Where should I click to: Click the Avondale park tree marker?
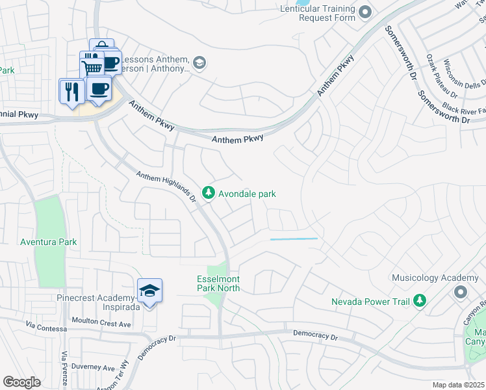coord(208,192)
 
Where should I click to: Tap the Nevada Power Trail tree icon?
coord(420,300)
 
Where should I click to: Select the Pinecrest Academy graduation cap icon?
coord(149,290)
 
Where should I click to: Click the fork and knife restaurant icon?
coord(71,90)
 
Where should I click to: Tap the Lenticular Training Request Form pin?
coord(364,11)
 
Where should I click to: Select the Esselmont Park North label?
coord(219,283)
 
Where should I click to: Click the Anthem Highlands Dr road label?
coord(166,186)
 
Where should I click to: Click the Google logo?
coord(21,382)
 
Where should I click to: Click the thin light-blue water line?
coord(294,239)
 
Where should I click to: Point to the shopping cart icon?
coord(92,66)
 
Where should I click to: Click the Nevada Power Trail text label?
coord(369,302)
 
